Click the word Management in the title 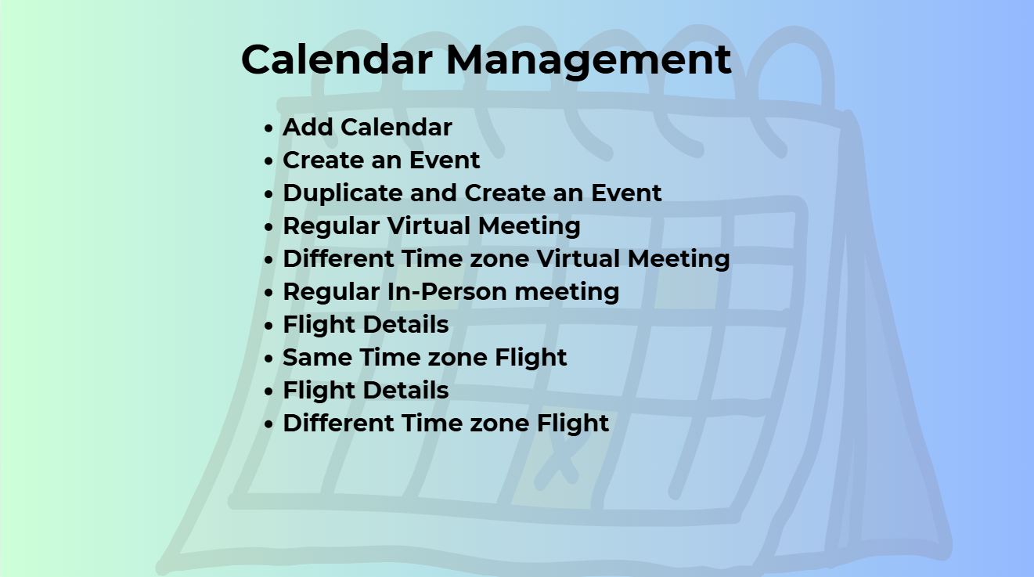click(589, 61)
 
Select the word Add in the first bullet click(308, 127)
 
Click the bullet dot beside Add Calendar click(268, 128)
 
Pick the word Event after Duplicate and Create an click(626, 193)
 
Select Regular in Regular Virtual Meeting click(331, 226)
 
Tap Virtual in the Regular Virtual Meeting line click(429, 225)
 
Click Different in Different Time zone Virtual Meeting click(338, 258)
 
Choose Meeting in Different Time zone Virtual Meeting click(679, 259)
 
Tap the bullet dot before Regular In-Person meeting click(268, 293)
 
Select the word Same click(318, 357)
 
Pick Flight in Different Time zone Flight click(573, 424)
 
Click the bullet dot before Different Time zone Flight click(268, 424)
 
